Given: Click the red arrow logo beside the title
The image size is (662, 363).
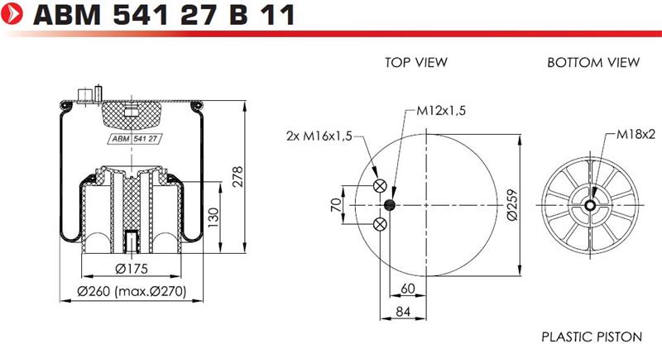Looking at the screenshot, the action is pos(12,13).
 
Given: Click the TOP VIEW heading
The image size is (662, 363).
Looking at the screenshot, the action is pos(416,63).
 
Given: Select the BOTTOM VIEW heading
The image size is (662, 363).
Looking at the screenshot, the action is pos(593,63).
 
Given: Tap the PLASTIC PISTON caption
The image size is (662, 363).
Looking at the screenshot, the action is pos(592,337).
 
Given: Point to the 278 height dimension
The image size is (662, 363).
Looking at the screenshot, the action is pos(238,176).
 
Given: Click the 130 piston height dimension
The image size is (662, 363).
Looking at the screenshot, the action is pos(213,217).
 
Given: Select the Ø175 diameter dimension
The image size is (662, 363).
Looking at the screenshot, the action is pos(132,269).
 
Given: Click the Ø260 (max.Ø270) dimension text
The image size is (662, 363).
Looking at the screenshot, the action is pos(132,291).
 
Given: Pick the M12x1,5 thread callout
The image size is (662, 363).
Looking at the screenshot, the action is pos(441,111).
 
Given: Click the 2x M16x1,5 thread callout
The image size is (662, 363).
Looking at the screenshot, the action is pos(319,136).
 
